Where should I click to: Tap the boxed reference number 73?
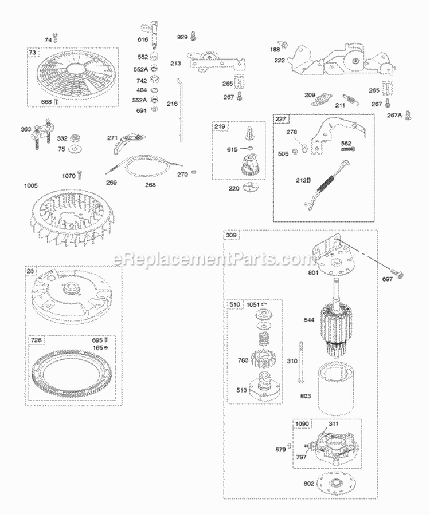[33, 53]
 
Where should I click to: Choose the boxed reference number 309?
[232, 235]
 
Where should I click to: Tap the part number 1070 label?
[69, 176]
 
